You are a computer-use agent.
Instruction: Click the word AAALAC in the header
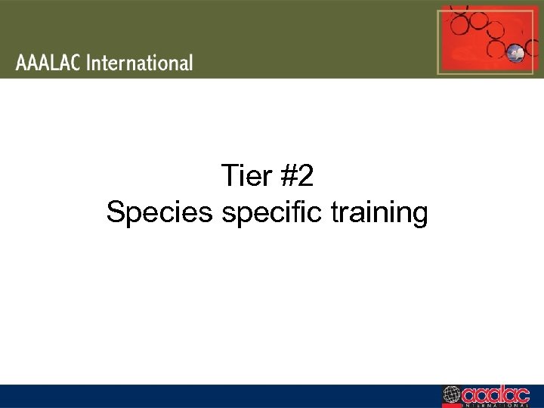tap(48, 63)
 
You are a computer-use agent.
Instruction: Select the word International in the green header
tap(140, 63)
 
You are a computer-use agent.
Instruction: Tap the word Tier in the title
tap(243, 177)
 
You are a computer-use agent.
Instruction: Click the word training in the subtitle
tap(380, 213)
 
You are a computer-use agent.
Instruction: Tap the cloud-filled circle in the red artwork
tap(517, 53)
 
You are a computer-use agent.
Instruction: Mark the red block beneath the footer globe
tap(452, 405)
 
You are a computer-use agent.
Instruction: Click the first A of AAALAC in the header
tap(21, 63)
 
